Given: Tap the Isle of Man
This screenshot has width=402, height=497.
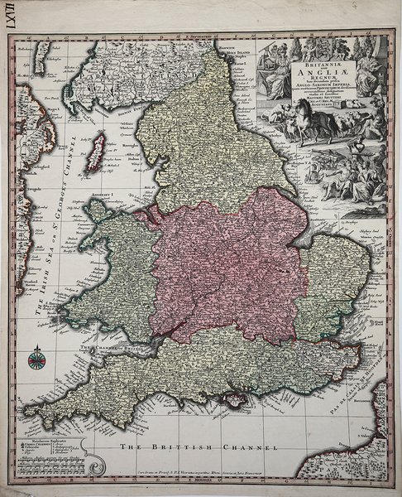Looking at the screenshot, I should click(x=96, y=150).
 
